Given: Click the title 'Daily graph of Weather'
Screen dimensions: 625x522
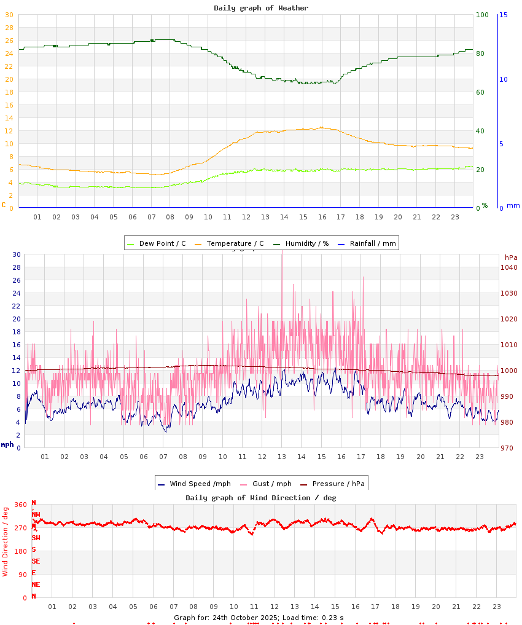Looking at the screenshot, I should point(261,8).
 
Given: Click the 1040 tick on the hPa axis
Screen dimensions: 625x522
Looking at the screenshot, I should point(508,267).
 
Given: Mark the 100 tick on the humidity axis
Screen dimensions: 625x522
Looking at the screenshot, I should point(482,15).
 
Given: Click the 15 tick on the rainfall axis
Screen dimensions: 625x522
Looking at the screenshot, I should point(503,15).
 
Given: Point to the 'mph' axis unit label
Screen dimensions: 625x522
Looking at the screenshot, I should point(7,444).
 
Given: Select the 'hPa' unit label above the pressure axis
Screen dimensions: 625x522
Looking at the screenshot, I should point(511,257).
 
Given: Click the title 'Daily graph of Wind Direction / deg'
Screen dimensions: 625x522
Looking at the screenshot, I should point(261,498).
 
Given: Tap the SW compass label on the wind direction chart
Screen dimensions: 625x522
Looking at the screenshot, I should point(36,538).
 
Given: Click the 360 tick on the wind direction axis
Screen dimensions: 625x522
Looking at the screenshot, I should point(21,505).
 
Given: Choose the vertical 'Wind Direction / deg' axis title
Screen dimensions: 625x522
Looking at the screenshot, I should point(6,541).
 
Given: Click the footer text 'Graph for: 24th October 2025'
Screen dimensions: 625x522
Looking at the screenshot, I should point(227,618).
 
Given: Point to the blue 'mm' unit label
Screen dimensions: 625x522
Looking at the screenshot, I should point(513,205).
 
